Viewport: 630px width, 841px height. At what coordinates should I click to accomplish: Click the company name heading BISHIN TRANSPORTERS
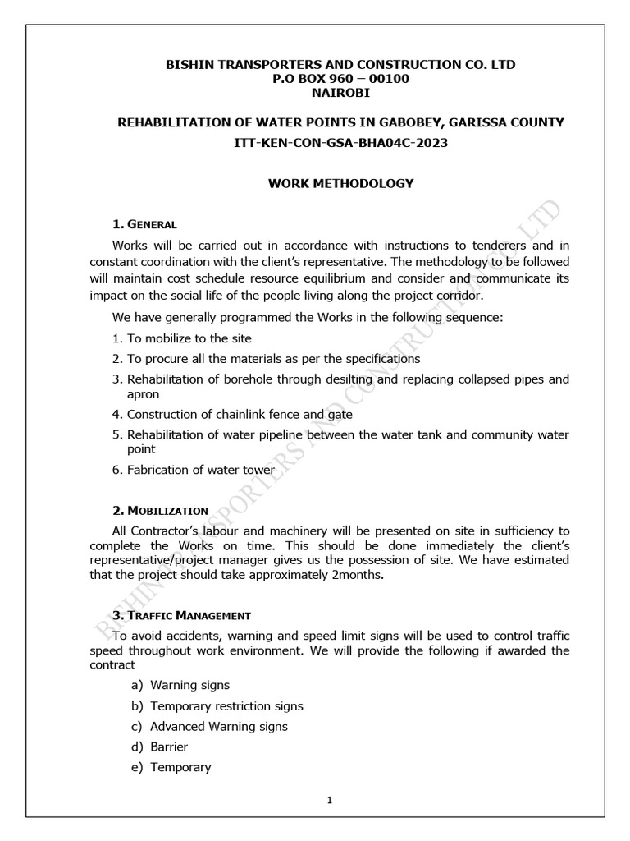[341, 64]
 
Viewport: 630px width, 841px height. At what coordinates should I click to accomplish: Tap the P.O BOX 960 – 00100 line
[341, 79]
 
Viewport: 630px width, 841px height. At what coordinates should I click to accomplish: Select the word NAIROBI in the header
[341, 94]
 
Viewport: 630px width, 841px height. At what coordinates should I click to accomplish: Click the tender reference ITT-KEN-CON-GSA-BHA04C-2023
[341, 143]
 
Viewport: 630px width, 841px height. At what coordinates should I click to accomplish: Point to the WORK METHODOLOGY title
[341, 183]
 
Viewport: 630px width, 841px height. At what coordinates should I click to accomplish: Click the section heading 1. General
[145, 224]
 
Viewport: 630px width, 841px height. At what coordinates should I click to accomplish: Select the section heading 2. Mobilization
[160, 510]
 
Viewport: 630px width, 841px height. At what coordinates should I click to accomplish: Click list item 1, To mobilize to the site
[182, 338]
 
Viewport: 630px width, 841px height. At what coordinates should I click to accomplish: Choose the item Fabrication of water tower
[199, 470]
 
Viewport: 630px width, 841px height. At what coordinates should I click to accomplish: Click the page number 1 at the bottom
[329, 801]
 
